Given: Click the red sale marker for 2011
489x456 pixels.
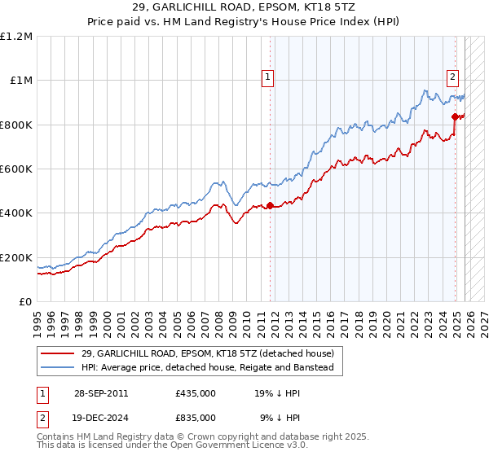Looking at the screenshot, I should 270,205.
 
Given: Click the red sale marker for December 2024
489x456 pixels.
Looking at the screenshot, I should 455,116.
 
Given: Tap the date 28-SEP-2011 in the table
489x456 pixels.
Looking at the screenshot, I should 100,392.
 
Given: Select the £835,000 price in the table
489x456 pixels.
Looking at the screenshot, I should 196,419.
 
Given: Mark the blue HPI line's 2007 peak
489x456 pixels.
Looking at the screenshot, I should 215,182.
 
